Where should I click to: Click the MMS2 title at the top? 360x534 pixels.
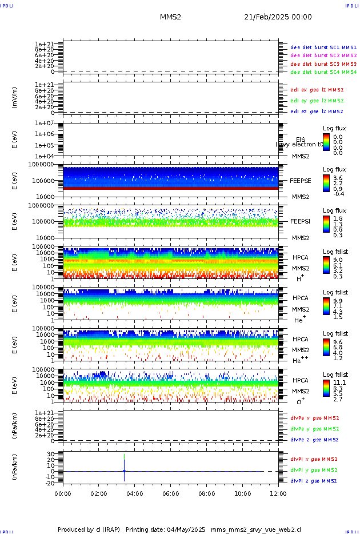point(170,17)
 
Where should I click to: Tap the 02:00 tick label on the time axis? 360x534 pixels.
point(99,493)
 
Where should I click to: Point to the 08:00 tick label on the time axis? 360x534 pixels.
point(207,493)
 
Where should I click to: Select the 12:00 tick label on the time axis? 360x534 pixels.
point(278,493)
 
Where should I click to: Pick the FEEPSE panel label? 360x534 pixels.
point(300,180)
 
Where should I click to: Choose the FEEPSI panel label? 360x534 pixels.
point(300,221)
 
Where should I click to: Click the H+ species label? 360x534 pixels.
point(300,278)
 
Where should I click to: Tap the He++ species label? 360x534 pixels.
point(301,360)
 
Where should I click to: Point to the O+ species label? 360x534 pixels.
point(300,401)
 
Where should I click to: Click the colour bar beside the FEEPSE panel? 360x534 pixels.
point(326,182)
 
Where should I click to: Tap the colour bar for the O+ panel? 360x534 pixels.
point(326,387)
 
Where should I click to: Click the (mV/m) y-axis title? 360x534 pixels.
point(14,98)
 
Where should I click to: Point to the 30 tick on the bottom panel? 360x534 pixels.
point(50,455)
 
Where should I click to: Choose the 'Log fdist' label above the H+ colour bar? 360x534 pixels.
point(335,252)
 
